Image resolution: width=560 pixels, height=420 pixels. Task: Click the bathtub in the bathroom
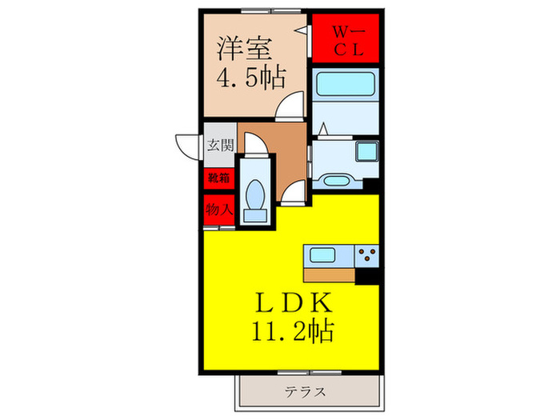346,87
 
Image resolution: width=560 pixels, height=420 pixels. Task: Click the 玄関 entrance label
219,146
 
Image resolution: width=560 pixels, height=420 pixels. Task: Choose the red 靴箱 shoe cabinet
218,178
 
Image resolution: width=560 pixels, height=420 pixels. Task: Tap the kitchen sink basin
324,256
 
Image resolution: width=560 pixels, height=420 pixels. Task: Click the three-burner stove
368,256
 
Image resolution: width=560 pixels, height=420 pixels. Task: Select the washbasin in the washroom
368,151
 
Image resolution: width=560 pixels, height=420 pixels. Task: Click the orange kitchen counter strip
329,275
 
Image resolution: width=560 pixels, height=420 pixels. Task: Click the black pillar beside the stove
368,276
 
